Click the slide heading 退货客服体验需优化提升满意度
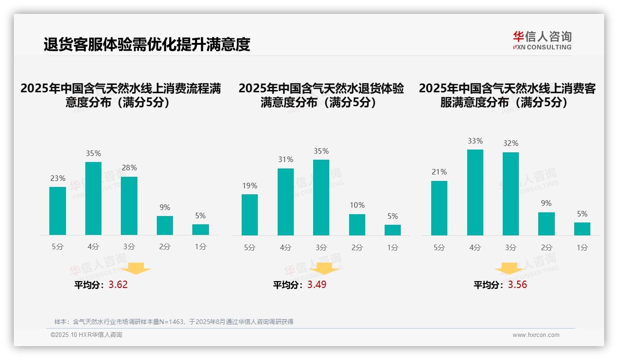(147, 44)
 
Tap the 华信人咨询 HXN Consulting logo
(542, 41)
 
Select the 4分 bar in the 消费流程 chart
(93, 198)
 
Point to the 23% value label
(58, 178)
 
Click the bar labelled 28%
(129, 206)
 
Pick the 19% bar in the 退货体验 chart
(250, 215)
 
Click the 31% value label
(285, 159)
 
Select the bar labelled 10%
(357, 225)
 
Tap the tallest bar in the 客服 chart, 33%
(475, 192)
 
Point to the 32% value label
(511, 143)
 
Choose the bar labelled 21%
(439, 208)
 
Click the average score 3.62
(118, 285)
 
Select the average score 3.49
(317, 285)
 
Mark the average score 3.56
(517, 285)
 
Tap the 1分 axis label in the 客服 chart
(582, 247)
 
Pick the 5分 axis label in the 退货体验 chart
(250, 247)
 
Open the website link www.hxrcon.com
(536, 335)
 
